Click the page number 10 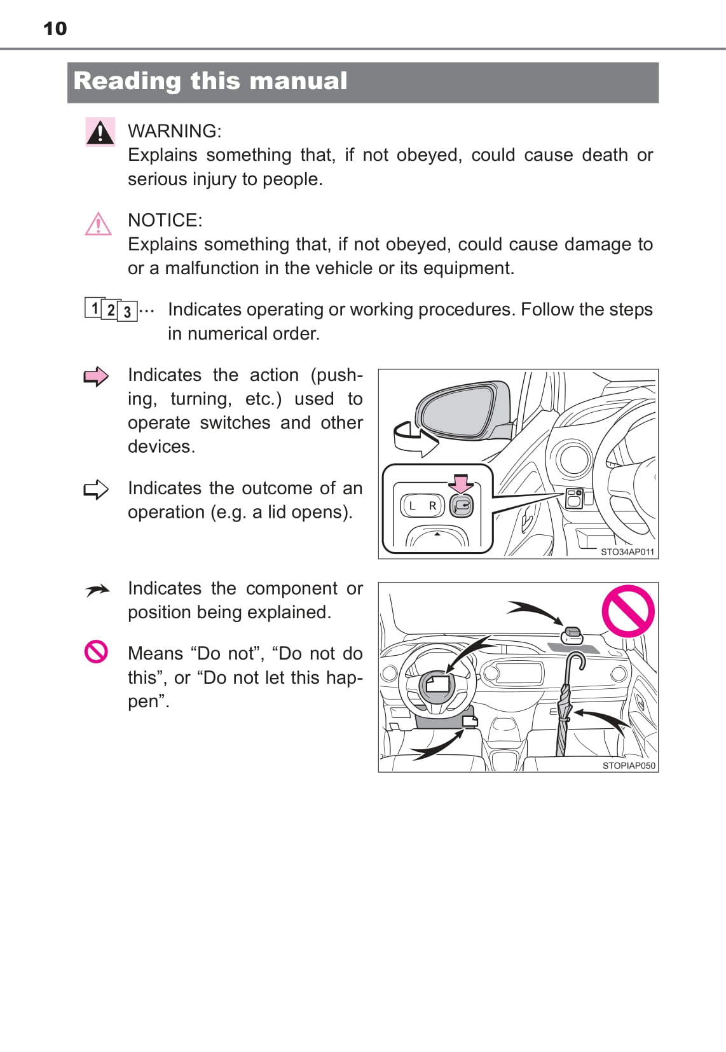pyautogui.click(x=55, y=29)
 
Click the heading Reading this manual pyautogui.click(x=210, y=81)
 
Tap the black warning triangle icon pyautogui.click(x=100, y=132)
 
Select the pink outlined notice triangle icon pyautogui.click(x=98, y=223)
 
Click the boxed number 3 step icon pyautogui.click(x=127, y=312)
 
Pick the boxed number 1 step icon pyautogui.click(x=93, y=308)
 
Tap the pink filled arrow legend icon pyautogui.click(x=96, y=376)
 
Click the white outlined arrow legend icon pyautogui.click(x=96, y=490)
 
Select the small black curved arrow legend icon pyautogui.click(x=97, y=590)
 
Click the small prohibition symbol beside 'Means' pyautogui.click(x=96, y=652)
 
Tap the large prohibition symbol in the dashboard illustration pyautogui.click(x=628, y=611)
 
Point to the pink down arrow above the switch pyautogui.click(x=461, y=484)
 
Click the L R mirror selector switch pyautogui.click(x=422, y=506)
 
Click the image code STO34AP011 pyautogui.click(x=627, y=552)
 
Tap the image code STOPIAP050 pyautogui.click(x=629, y=766)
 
